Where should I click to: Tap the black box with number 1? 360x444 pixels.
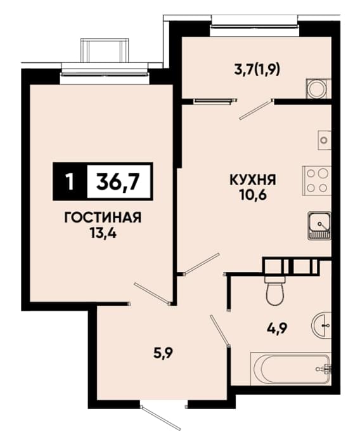(x=70, y=181)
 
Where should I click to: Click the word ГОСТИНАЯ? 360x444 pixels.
(x=103, y=218)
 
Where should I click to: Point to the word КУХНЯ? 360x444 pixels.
(x=253, y=180)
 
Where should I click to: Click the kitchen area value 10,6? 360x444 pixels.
(x=253, y=195)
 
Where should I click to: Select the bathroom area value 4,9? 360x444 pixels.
(x=278, y=329)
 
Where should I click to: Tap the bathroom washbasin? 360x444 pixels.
(x=321, y=325)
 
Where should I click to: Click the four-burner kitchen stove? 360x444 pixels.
(x=317, y=181)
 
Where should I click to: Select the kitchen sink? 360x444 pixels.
(x=319, y=226)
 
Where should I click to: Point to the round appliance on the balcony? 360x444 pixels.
(x=318, y=89)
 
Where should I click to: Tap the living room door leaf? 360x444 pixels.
(x=152, y=293)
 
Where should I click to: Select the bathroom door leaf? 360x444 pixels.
(x=219, y=330)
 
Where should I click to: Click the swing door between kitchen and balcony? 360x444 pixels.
(x=255, y=110)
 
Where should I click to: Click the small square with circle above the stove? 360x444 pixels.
(x=325, y=140)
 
